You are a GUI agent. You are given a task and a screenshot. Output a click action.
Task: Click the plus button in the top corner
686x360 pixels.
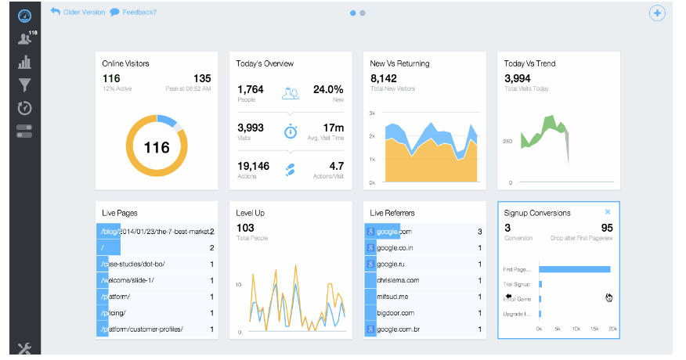(656, 13)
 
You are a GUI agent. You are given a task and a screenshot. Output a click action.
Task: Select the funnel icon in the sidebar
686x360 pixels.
(24, 85)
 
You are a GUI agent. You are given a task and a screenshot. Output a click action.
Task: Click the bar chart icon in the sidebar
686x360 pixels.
(24, 62)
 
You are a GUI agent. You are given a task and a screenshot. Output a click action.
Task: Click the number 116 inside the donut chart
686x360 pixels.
(157, 147)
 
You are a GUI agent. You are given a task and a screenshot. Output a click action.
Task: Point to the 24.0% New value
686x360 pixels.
(327, 89)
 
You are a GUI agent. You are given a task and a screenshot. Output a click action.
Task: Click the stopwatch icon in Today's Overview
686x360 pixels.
(291, 130)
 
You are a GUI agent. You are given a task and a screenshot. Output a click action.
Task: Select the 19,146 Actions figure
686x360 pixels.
(254, 166)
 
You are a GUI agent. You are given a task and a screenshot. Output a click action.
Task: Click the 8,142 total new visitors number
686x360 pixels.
(385, 78)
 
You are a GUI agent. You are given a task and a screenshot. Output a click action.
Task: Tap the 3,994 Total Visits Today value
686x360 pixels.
(518, 78)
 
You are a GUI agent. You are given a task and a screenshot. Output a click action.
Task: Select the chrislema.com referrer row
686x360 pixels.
(398, 280)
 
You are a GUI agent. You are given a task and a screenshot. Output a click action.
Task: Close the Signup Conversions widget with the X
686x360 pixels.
(608, 212)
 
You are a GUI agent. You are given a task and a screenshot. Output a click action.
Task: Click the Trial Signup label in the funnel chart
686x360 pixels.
(516, 284)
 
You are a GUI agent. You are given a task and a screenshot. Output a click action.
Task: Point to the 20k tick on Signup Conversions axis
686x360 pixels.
(612, 329)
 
